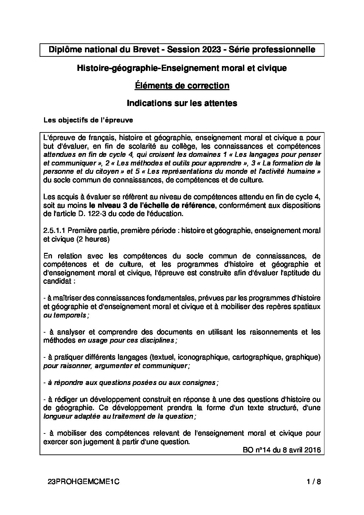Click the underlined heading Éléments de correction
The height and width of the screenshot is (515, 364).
[x=182, y=86]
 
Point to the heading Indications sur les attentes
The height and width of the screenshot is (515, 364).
[x=182, y=103]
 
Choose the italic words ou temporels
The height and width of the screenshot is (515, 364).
[x=65, y=315]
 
